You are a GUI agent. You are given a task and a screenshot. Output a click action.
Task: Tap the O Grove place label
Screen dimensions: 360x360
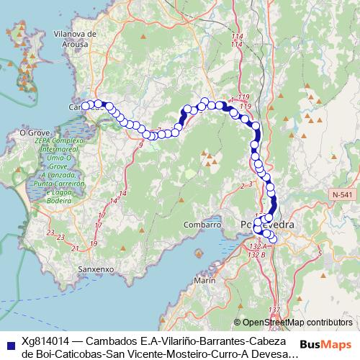(33, 132)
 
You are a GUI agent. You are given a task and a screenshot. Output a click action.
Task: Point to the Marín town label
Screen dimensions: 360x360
(204, 279)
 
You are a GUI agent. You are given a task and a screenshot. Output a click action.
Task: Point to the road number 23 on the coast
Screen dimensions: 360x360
(50, 232)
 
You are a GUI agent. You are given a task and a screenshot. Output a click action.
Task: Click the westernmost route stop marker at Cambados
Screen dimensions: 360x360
(86, 106)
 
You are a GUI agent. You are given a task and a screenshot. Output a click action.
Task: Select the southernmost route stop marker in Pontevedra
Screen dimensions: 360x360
(271, 239)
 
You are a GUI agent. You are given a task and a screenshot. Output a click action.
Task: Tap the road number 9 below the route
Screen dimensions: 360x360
(141, 145)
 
